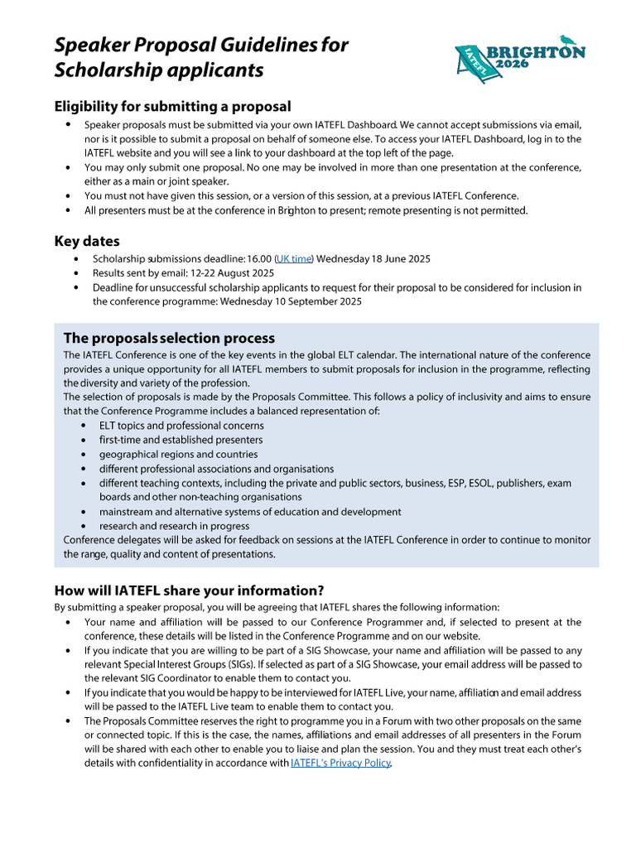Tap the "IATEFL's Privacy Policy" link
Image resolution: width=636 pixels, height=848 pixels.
click(340, 763)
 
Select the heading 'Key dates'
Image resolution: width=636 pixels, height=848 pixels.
click(87, 241)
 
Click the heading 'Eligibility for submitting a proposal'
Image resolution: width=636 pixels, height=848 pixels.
click(172, 106)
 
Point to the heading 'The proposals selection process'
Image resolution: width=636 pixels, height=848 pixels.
click(169, 338)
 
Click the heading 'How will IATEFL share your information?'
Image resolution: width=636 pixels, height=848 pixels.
click(189, 590)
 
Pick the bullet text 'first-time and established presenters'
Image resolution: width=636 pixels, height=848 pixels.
click(181, 440)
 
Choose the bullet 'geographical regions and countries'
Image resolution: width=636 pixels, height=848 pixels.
click(178, 454)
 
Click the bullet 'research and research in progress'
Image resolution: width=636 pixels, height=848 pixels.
click(174, 526)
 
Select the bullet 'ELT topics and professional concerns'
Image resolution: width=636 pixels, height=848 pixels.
click(181, 426)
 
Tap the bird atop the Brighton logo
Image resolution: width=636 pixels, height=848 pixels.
click(566, 38)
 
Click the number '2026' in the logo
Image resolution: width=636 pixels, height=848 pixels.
click(516, 64)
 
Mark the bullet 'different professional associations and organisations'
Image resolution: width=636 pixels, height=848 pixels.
click(216, 469)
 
